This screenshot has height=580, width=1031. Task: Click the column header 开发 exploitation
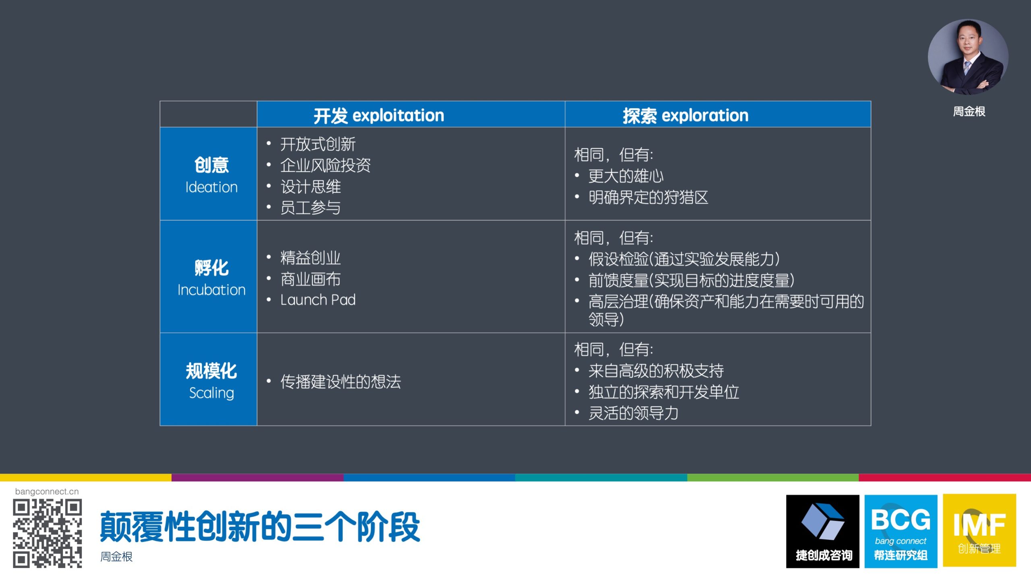(x=379, y=116)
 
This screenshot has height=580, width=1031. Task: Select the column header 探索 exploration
(x=685, y=116)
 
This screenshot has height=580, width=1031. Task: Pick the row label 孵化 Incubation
(x=211, y=278)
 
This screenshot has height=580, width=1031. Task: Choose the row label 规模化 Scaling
(x=211, y=381)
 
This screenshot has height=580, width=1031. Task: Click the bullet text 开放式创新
(x=318, y=144)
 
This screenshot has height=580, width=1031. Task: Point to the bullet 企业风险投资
(x=325, y=165)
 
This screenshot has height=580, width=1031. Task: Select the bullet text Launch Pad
(x=318, y=300)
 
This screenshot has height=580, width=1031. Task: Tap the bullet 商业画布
(x=311, y=279)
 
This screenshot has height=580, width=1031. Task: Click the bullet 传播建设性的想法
(x=341, y=382)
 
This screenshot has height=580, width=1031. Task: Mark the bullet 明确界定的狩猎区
(x=648, y=197)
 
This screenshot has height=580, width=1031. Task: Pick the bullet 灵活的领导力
(x=634, y=413)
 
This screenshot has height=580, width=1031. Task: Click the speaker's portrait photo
(x=968, y=57)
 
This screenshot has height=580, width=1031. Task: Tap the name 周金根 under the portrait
(x=969, y=112)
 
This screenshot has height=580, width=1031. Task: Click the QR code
(x=48, y=534)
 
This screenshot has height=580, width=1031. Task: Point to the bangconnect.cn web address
(x=47, y=491)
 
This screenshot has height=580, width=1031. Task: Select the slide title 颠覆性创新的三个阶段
(x=260, y=527)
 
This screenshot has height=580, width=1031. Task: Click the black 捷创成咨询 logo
(x=822, y=531)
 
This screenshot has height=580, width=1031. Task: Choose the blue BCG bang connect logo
(x=901, y=531)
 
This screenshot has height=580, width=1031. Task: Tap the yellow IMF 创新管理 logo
(x=979, y=530)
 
